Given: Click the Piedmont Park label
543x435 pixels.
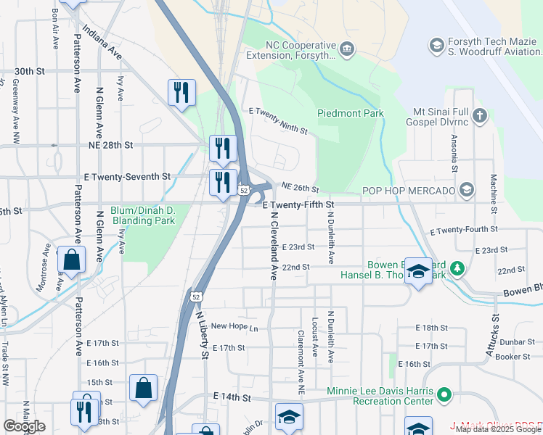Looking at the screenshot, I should click(351, 113).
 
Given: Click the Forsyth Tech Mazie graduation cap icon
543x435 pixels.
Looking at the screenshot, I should click(436, 46).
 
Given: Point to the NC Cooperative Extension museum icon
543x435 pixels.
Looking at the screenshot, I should click(347, 49).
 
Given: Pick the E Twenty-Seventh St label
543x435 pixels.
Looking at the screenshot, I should click(127, 176).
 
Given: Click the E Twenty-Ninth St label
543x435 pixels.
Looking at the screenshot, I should click(279, 121).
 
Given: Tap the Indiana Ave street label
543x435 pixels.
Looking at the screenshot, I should click(102, 42).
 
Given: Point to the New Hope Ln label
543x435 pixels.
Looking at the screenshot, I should click(234, 327).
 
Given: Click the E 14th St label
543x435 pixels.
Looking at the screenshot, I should click(232, 398).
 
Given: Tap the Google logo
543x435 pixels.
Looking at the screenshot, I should click(24, 426).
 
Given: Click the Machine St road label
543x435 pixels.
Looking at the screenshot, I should click(493, 194).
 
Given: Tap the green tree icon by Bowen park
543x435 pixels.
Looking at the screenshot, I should click(457, 269).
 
